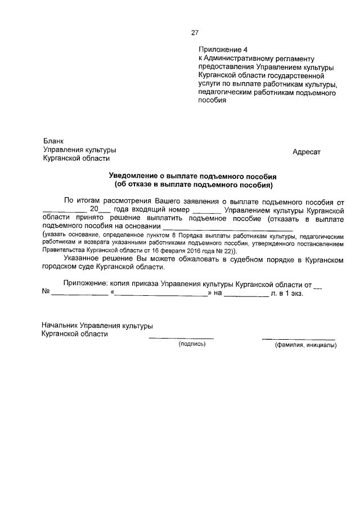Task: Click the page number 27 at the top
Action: point(195,33)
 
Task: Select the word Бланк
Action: point(54,141)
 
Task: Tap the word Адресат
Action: point(306,152)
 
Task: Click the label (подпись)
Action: point(192,344)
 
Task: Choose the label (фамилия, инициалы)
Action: point(305,345)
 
